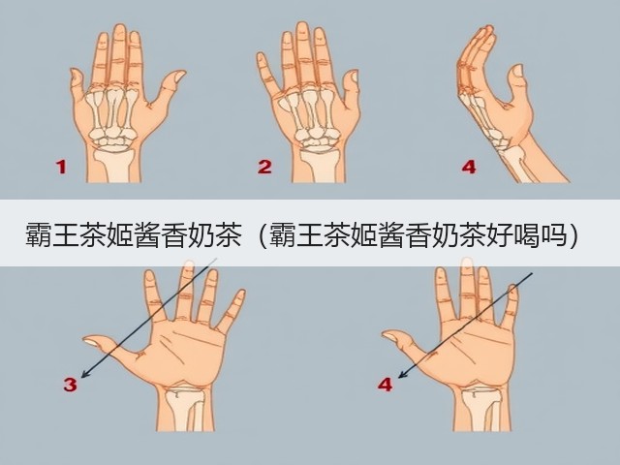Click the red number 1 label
coord(61,167)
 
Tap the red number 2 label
coord(264,167)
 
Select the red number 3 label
coord(70,385)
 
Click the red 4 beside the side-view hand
coord(469,167)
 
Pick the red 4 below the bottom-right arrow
coord(386,385)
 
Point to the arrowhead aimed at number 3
coord(84,374)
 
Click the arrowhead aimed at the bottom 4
coord(402,375)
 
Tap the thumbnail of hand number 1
coord(179,76)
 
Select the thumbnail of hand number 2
coord(355,76)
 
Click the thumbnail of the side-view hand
coord(517,71)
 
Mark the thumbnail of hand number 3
coord(91,342)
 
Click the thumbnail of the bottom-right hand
coord(390,337)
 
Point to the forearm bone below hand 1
coord(114,164)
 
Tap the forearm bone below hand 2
coord(320,165)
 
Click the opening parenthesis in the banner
coord(262,235)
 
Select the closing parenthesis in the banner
coord(573,235)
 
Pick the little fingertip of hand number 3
coord(240,294)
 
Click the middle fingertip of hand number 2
coord(302,27)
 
